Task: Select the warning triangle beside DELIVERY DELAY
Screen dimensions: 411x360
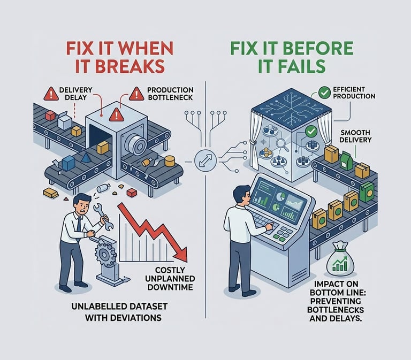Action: pyautogui.click(x=51, y=94)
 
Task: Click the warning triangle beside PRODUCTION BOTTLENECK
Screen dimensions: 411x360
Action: pyautogui.click(x=136, y=94)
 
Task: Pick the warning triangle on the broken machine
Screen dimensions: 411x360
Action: pyautogui.click(x=117, y=115)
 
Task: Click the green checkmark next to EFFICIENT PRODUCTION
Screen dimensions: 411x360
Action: pyautogui.click(x=324, y=92)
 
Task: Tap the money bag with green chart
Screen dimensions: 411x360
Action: pyautogui.click(x=340, y=261)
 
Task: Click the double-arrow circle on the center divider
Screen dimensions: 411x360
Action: pyautogui.click(x=205, y=160)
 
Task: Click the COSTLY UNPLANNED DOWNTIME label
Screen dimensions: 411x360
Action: pyautogui.click(x=170, y=279)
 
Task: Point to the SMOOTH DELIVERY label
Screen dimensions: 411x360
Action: pyautogui.click(x=355, y=136)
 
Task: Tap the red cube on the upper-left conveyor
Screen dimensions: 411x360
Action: pyautogui.click(x=50, y=116)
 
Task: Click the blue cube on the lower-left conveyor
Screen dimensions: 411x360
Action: pyautogui.click(x=68, y=163)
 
